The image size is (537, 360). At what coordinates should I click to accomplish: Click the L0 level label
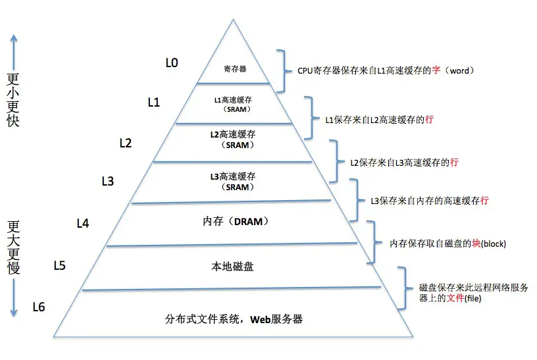(x=172, y=63)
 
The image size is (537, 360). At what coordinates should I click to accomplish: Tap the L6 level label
(x=38, y=307)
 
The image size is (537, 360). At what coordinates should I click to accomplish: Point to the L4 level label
(x=83, y=223)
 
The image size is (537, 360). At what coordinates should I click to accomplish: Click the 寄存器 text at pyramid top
(x=234, y=68)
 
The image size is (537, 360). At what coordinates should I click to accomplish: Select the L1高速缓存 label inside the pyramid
(x=234, y=100)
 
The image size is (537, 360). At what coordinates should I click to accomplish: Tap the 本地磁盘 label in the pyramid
(x=232, y=267)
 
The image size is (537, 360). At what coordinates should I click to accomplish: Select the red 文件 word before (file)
(x=457, y=298)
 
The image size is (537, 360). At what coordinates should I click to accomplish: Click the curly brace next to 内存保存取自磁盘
(x=374, y=242)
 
